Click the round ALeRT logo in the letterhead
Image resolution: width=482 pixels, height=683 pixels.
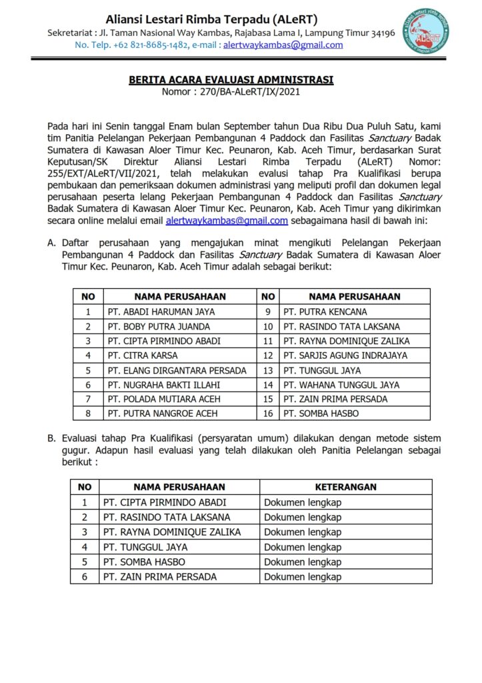click(430, 30)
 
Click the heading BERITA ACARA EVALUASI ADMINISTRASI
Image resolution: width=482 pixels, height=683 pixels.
click(231, 80)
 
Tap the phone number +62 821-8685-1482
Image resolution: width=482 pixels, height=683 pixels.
click(149, 45)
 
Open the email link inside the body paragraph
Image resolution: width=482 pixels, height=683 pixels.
click(227, 220)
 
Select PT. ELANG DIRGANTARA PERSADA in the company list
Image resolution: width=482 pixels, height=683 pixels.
click(177, 370)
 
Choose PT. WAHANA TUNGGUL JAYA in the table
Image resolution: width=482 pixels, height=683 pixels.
click(341, 385)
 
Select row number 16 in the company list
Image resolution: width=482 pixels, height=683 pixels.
click(268, 414)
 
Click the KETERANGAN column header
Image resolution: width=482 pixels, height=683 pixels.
click(345, 487)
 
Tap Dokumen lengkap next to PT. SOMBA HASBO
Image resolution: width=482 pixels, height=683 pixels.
click(303, 562)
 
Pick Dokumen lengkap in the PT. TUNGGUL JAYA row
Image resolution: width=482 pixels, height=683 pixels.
click(303, 547)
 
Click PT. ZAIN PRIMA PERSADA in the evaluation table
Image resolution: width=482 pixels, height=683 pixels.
click(159, 576)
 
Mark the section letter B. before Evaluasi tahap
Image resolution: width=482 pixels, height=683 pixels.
click(51, 438)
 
